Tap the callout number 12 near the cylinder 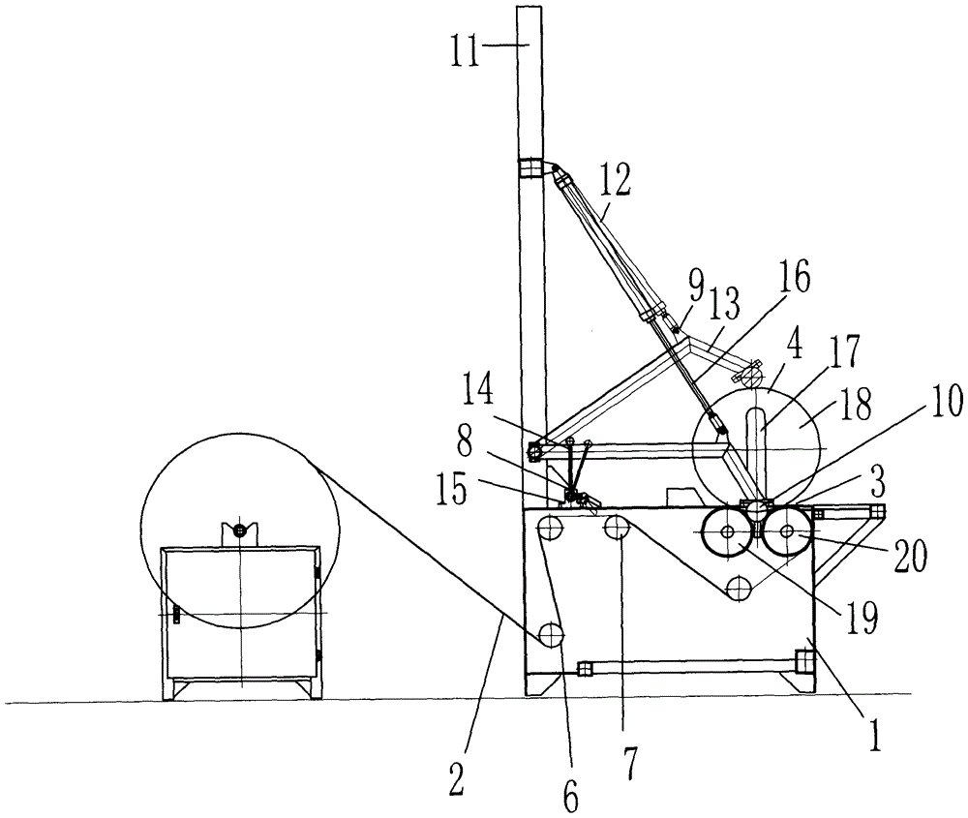[616, 180]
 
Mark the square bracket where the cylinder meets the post [529, 168]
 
